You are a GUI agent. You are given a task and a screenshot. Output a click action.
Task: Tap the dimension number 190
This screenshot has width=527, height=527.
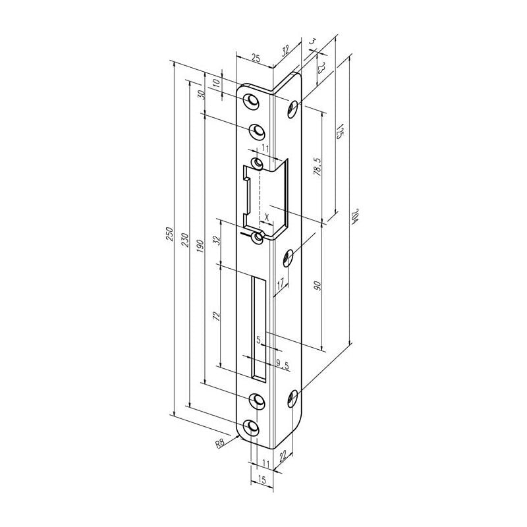point(200,244)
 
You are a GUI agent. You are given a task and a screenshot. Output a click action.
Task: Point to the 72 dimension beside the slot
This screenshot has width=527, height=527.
point(215,316)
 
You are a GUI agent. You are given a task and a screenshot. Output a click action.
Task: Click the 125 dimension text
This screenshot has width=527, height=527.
point(341,131)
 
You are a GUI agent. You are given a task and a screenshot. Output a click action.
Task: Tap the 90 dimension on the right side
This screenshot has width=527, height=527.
point(318,285)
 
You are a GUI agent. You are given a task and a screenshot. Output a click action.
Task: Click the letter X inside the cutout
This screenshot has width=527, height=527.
point(266,215)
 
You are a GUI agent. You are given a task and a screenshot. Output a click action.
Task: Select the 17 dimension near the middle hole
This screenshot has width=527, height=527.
point(280,284)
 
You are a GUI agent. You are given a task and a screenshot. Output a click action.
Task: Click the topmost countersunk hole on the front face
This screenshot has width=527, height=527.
point(252,100)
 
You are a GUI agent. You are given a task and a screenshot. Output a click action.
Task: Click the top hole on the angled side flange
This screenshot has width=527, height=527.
point(292,109)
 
